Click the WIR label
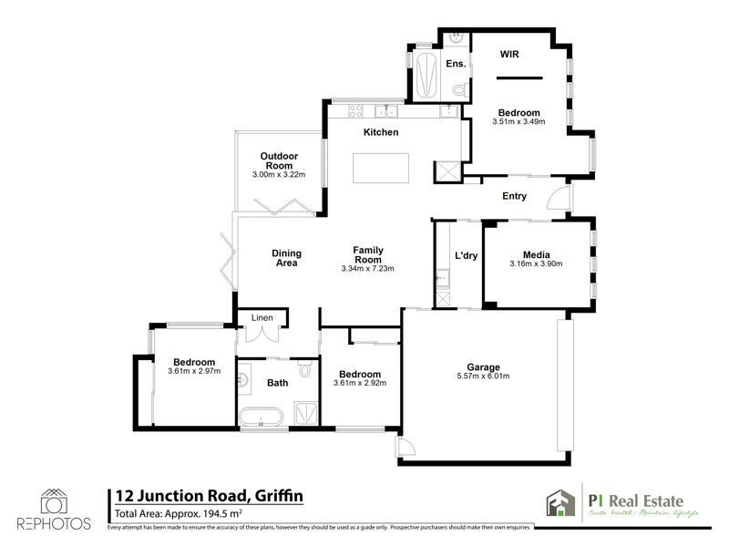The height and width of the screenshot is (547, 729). pyautogui.click(x=510, y=55)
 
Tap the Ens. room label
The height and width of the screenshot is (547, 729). pyautogui.click(x=456, y=64)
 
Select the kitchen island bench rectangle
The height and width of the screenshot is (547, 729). pyautogui.click(x=381, y=169)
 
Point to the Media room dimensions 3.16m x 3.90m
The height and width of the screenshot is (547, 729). pyautogui.click(x=536, y=264)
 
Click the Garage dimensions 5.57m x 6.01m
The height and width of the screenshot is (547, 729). pyautogui.click(x=483, y=377)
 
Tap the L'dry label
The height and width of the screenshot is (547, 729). pyautogui.click(x=467, y=255)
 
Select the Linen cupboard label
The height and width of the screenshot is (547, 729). pyautogui.click(x=262, y=317)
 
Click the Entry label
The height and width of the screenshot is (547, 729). pyautogui.click(x=515, y=196)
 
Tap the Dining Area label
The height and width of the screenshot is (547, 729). pyautogui.click(x=286, y=258)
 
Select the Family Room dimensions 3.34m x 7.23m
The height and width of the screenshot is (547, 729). pyautogui.click(x=367, y=268)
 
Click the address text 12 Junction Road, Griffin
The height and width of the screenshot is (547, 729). pyautogui.click(x=208, y=495)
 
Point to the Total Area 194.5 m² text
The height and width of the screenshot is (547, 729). pyautogui.click(x=173, y=513)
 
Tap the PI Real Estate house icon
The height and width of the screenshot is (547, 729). pyautogui.click(x=558, y=502)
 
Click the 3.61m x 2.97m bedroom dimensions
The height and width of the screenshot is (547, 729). pyautogui.click(x=194, y=372)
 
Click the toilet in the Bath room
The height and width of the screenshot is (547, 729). pyautogui.click(x=307, y=370)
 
